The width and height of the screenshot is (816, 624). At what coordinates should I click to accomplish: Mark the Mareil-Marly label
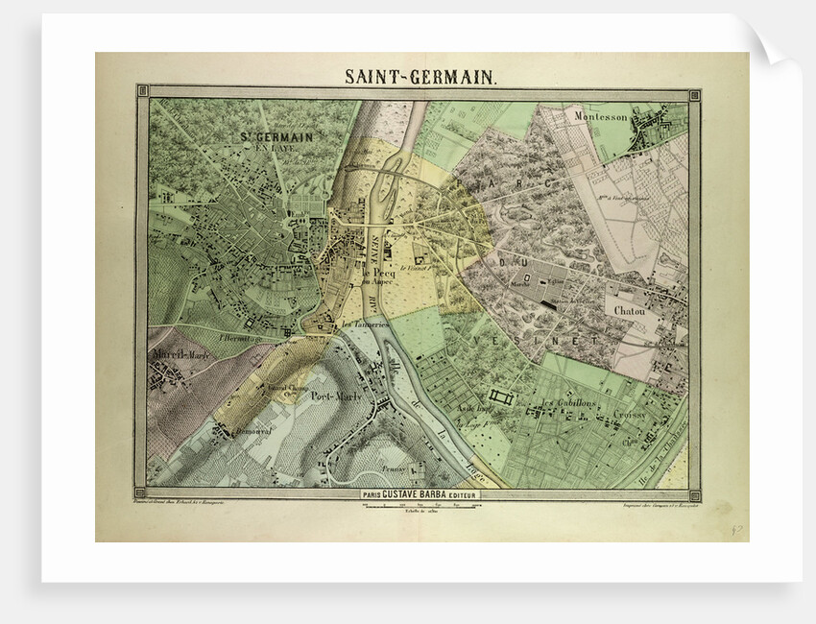tap(180, 354)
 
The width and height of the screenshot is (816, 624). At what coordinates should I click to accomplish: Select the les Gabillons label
tap(569, 402)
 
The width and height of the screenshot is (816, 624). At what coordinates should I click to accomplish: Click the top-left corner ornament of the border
tap(141, 92)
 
